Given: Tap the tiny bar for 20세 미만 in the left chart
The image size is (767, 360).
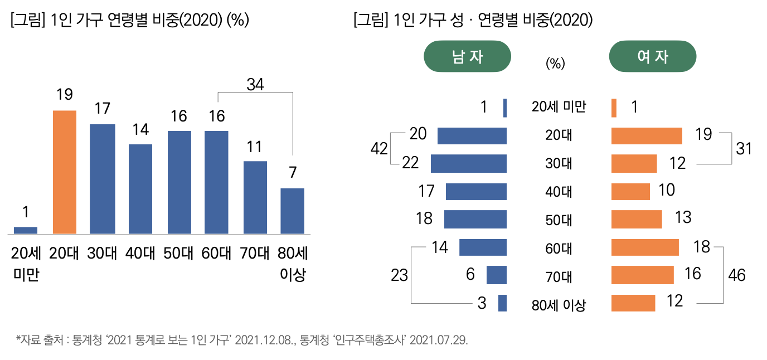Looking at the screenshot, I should point(26,230).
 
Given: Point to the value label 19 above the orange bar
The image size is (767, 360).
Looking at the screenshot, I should point(65,95).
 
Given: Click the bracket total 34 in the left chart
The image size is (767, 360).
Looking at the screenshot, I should point(255,85).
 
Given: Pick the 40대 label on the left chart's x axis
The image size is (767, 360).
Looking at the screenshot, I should point(140,254).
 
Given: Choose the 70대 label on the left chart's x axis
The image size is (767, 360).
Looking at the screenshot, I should point(255,254).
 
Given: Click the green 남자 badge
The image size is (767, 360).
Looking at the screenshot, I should point(468,56).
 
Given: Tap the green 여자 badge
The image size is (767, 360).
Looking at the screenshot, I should point(653,56).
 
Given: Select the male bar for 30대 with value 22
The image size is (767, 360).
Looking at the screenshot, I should point(469,163).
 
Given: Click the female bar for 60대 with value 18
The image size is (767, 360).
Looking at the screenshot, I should point(645,247).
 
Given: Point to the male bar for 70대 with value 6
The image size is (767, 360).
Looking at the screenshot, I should point(496,275).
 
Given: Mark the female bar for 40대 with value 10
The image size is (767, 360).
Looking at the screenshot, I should point(630,191).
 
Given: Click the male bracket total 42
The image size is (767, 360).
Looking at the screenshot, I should point(379,149).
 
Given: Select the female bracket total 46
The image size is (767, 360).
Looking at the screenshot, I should point(737,275).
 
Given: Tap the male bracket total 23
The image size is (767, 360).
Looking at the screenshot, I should point(399,275).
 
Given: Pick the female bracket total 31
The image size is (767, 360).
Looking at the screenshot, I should point(744,149).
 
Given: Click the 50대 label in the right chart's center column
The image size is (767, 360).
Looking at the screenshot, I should point(559,220).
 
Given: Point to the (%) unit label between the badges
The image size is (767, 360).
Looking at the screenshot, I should point(555,64).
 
